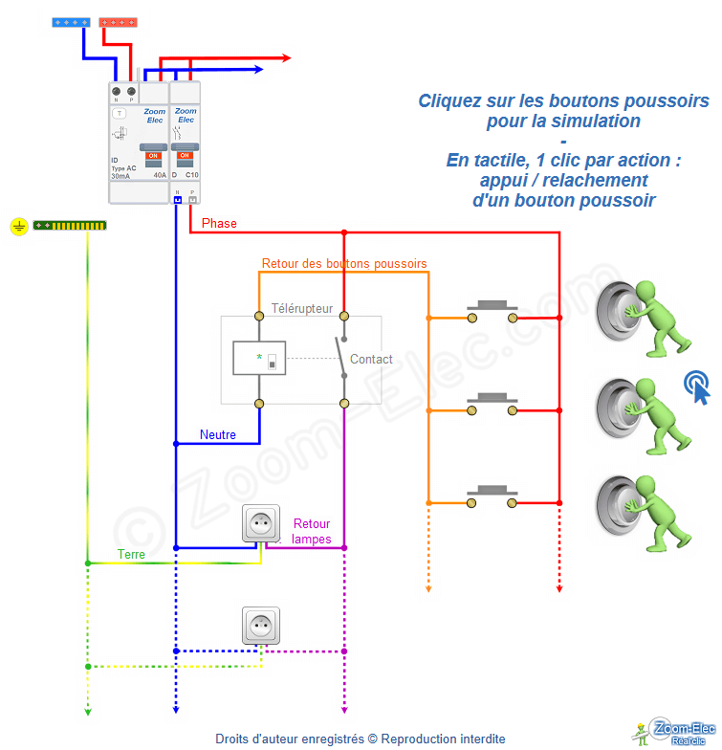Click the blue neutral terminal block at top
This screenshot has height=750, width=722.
[x=73, y=20]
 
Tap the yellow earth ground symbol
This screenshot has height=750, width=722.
[x=18, y=227]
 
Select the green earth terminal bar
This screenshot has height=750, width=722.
[x=70, y=226]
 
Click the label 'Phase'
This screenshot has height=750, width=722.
[x=219, y=223]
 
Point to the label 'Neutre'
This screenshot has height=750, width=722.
[x=217, y=434]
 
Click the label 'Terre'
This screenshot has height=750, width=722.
[x=132, y=554]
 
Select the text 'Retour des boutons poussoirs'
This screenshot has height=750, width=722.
[x=344, y=263]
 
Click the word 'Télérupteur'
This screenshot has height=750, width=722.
[x=302, y=308]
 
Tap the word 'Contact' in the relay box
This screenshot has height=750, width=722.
[x=371, y=360]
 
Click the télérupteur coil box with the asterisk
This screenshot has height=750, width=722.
[x=259, y=359]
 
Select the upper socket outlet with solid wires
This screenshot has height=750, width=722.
[x=261, y=524]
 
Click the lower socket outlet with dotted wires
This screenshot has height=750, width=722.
[x=261, y=626]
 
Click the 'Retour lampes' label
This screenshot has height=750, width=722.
[x=312, y=531]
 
